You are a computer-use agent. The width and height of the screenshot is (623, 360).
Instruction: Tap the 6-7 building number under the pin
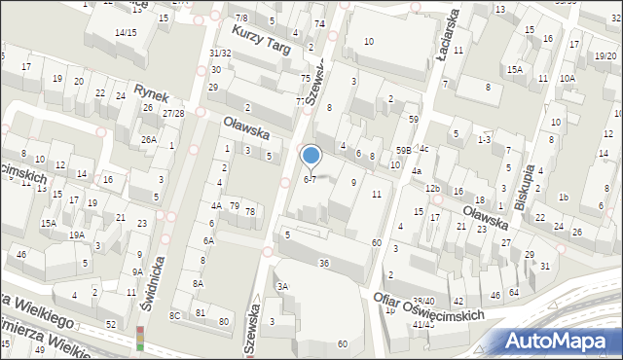coord(310,179)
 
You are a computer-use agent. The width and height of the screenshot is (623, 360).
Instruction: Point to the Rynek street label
coord(153,94)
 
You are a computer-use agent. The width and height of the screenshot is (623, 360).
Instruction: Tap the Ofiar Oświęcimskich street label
coord(429,307)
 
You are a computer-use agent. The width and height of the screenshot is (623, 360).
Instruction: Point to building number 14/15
coord(125,33)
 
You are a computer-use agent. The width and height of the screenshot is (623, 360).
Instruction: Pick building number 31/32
coord(220,53)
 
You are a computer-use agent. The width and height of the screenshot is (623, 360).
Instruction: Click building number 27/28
coord(173,114)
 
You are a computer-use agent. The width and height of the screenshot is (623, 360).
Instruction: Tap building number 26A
coord(148,139)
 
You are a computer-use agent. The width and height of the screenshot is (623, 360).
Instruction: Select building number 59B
coord(403,150)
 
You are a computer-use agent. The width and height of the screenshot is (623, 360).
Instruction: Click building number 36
coord(324,264)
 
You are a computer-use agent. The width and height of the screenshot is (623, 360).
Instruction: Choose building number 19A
coord(76,234)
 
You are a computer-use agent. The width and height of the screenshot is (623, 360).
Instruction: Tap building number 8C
coord(175,315)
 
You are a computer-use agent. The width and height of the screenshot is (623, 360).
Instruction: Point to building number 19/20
coord(578,56)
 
